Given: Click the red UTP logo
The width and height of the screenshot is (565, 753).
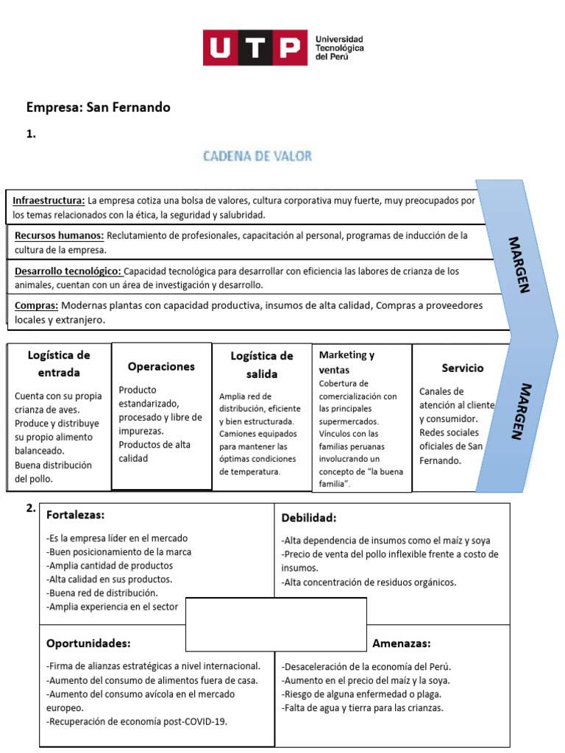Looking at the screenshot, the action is (x=255, y=48).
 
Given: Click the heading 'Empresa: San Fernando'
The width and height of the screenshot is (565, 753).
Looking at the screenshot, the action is (x=99, y=107).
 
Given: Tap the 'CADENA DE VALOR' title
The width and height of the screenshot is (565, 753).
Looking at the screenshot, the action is (x=257, y=156).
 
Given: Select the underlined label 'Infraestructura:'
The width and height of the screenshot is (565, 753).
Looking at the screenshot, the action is (x=49, y=201).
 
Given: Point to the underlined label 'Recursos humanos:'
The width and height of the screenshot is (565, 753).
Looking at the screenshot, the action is (x=60, y=236).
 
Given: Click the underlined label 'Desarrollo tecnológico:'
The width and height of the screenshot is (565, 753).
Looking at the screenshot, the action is (x=68, y=271).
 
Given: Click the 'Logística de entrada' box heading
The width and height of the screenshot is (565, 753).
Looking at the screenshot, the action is (x=59, y=364).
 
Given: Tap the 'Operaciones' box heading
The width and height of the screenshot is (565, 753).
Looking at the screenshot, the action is (x=161, y=366).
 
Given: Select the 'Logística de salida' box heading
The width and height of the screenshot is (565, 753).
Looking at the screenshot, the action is (x=262, y=365).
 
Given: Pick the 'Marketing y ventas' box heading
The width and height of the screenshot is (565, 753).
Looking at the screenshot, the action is (x=347, y=363).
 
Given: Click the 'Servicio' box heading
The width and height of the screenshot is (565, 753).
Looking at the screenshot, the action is (x=463, y=368).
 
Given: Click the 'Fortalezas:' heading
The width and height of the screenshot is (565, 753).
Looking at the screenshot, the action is (x=75, y=515).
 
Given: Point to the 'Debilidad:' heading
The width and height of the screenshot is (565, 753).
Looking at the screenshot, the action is (x=308, y=518).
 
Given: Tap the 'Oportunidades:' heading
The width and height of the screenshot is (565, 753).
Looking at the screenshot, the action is (x=88, y=643).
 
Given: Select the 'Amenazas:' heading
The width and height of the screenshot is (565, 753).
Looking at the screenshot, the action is (x=401, y=643).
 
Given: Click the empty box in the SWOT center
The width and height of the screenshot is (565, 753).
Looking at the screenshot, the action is (x=276, y=624).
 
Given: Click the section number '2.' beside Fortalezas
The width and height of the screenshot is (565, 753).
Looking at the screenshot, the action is (x=31, y=508).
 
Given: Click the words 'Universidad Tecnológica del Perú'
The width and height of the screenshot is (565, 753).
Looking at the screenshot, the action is (x=339, y=48).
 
